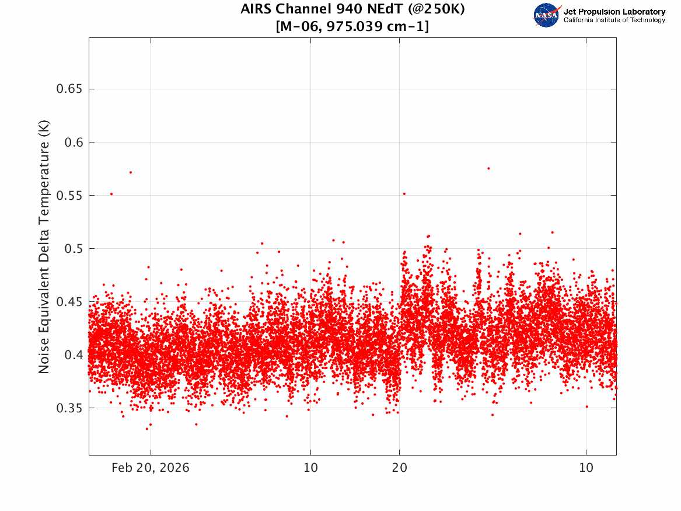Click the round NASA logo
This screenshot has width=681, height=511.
coord(547,15)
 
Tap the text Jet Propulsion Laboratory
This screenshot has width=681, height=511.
coord(614,12)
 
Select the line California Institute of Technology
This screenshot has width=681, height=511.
coord(614,20)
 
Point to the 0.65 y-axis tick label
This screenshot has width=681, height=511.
coord(69,89)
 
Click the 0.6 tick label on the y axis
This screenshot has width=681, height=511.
coord(74,142)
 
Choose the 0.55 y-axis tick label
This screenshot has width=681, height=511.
coord(69,196)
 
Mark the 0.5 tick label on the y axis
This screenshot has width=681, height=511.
coord(74,249)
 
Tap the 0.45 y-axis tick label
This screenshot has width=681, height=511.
coord(69,301)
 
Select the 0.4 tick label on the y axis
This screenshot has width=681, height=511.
coord(74,355)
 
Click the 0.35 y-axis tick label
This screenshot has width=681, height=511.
coord(69,408)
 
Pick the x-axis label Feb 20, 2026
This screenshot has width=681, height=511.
coord(151,468)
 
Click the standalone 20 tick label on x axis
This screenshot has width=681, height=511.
coord(400,468)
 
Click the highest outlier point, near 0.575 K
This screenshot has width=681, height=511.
coord(488,169)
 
